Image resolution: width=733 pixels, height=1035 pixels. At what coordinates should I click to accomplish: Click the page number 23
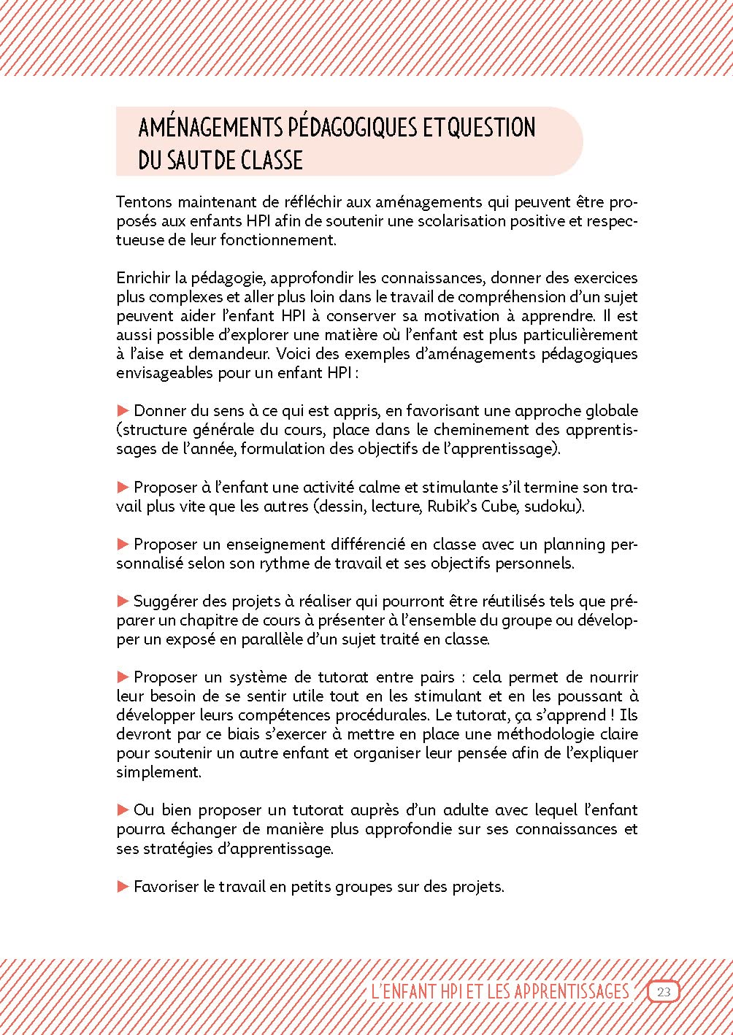[664, 991]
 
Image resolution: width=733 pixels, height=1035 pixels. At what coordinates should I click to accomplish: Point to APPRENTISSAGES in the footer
[572, 991]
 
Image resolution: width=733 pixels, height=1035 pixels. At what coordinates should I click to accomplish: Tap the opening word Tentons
[144, 202]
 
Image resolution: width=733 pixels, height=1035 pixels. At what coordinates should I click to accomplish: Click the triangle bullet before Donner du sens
[123, 411]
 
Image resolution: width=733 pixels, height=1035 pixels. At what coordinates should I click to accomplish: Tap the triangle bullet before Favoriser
[123, 887]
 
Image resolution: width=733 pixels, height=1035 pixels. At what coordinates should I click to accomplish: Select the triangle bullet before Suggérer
[123, 601]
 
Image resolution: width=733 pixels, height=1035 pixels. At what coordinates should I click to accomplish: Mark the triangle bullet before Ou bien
[123, 809]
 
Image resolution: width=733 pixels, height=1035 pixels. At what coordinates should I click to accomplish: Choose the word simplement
[158, 772]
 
